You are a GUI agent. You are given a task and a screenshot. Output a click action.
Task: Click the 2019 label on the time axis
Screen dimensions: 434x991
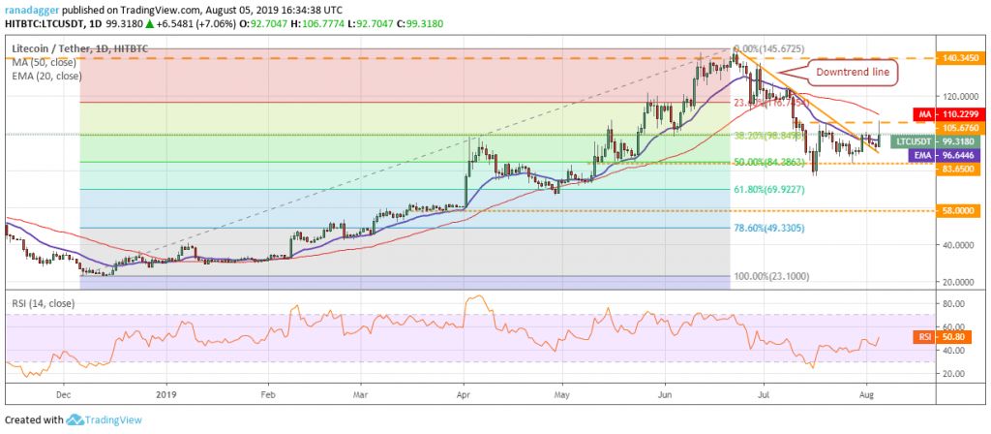[166, 395]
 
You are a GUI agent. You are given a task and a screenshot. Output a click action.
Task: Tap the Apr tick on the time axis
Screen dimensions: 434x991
[464, 395]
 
